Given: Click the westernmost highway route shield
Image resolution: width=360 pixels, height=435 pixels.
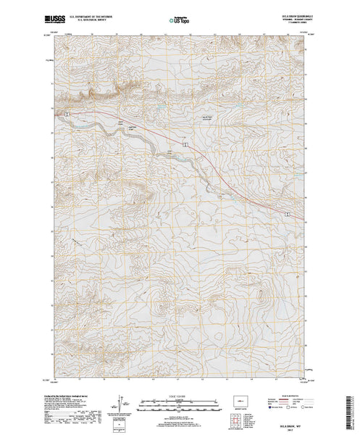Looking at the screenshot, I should point(66,114).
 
